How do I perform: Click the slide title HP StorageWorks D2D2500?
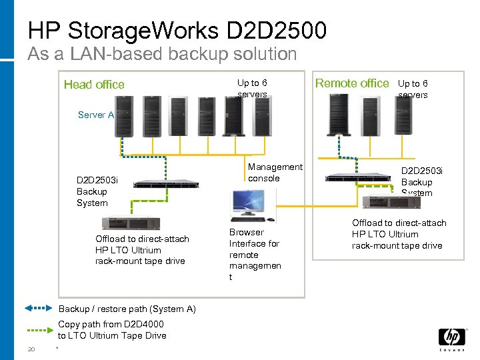point(177,30)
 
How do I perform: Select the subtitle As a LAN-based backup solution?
point(162,54)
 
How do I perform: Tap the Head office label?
point(94,84)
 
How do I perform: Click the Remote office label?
point(351,83)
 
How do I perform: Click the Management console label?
point(275,173)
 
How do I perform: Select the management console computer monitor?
point(248,203)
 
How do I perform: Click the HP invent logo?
point(451,339)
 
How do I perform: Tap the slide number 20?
point(31,349)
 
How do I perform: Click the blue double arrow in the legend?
point(39,309)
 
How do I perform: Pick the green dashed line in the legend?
point(39,329)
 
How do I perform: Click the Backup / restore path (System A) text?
point(127,309)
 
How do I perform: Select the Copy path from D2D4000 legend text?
point(112,330)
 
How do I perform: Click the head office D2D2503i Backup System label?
point(97,191)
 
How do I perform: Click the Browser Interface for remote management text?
point(255,255)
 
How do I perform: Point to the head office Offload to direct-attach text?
point(141,250)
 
